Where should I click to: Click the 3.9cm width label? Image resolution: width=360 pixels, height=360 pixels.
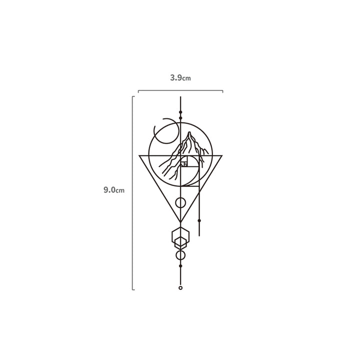pyautogui.click(x=180, y=78)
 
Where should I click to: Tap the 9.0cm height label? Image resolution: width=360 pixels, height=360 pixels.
pyautogui.click(x=114, y=190)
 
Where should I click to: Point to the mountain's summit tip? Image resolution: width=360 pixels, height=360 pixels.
pyautogui.click(x=189, y=132)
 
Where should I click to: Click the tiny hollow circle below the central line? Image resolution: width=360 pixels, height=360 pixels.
pyautogui.click(x=180, y=288)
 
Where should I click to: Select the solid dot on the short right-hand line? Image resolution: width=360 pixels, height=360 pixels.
pyautogui.click(x=199, y=220)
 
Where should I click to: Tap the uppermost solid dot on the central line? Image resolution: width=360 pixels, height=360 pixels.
pyautogui.click(x=180, y=112)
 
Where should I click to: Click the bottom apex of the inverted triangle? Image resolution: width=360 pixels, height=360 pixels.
pyautogui.click(x=180, y=222)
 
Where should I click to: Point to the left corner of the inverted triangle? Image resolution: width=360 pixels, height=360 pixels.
pyautogui.click(x=139, y=155)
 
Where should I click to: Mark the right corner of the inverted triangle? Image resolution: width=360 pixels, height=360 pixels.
pyautogui.click(x=222, y=155)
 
